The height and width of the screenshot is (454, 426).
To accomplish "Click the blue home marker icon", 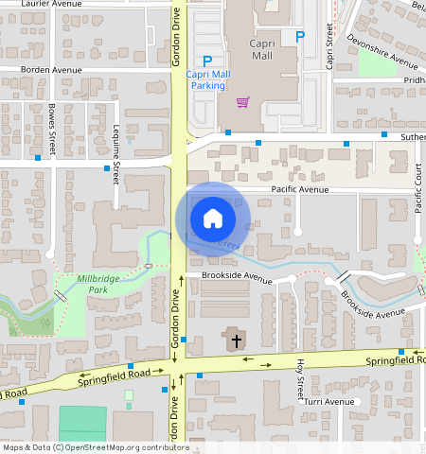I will tap(213, 219).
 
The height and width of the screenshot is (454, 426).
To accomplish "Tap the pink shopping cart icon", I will tap(243, 101).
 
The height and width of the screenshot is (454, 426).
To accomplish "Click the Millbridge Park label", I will tap(98, 285).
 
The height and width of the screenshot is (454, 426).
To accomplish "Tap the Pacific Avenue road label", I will tap(299, 190).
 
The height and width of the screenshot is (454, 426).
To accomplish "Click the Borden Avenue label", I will tap(53, 70).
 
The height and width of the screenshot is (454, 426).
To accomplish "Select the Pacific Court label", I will tap(418, 189).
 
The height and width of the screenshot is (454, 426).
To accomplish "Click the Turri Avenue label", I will tap(328, 401).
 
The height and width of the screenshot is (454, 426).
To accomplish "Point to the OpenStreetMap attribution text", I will tap(95, 447).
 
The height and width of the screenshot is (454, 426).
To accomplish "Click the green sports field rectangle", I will tap(82, 422).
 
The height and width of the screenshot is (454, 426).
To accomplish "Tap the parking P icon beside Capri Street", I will tap(300, 37).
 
